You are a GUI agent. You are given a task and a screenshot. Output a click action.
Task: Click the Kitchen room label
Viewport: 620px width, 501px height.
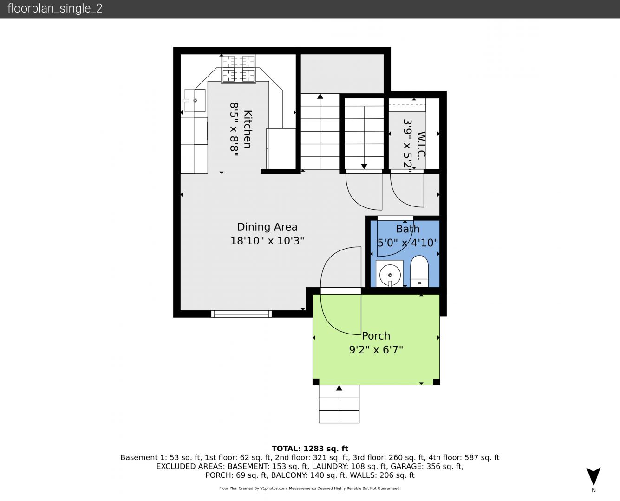(248, 129)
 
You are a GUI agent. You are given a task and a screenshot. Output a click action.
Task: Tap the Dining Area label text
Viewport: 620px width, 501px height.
(267, 227)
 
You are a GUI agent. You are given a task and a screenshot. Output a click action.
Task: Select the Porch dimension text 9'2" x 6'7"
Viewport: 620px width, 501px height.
(376, 349)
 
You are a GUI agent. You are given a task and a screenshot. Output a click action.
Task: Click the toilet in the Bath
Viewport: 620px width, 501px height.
(419, 271)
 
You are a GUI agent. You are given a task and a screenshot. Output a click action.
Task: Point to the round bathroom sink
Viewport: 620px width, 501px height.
(390, 275)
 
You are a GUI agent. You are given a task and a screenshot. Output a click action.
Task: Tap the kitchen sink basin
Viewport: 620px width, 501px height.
(196, 100)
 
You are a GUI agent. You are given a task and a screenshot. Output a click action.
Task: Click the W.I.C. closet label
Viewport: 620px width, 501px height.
(421, 145)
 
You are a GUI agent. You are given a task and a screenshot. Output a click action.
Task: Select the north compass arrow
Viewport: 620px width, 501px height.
(594, 476)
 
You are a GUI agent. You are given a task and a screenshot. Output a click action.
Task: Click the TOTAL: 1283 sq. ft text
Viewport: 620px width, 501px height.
(310, 449)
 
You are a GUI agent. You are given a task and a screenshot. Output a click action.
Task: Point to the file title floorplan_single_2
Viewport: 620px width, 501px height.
(55, 8)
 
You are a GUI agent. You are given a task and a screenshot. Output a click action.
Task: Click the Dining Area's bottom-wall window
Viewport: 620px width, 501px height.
(241, 314)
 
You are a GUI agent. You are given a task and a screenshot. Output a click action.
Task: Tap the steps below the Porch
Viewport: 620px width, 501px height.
(339, 404)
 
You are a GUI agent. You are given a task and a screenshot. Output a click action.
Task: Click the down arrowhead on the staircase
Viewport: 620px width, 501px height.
(364, 167)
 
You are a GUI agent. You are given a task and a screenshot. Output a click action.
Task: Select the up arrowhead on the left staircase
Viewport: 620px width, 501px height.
(320, 96)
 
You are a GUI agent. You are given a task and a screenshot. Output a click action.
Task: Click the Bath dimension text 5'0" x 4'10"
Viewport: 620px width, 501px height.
(407, 243)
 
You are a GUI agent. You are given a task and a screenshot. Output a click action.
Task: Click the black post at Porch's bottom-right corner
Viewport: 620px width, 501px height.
(436, 382)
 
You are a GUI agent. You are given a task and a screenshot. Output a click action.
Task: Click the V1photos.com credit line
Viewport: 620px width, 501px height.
(310, 488)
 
